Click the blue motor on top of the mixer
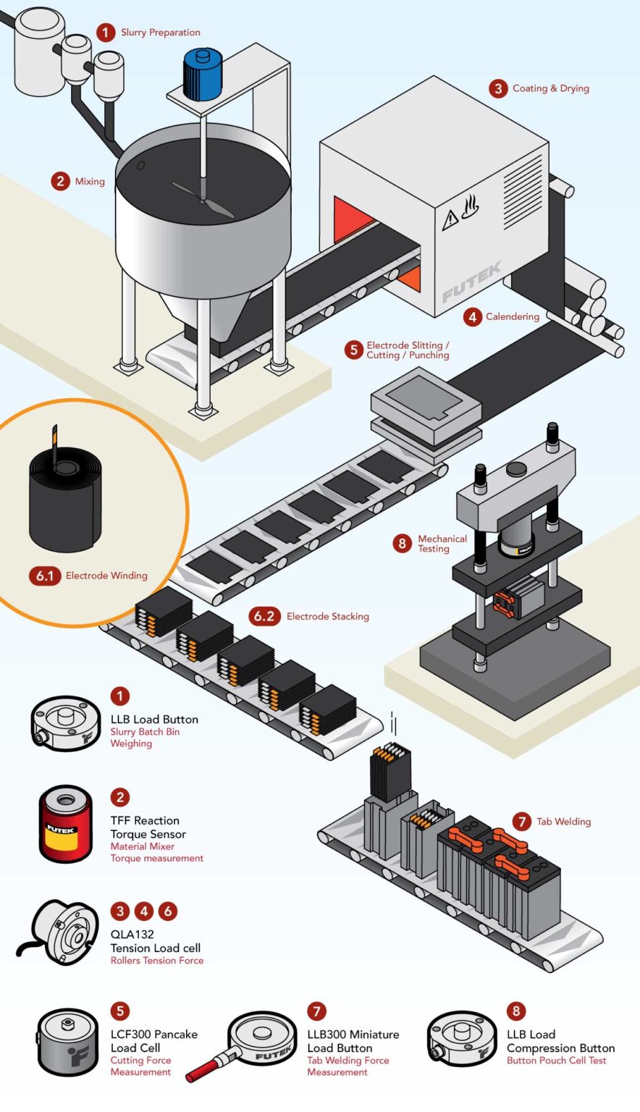pyautogui.click(x=203, y=75)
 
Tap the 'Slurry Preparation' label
pyautogui.click(x=160, y=33)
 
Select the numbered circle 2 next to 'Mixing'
pyautogui.click(x=61, y=181)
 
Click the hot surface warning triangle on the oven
pyautogui.click(x=450, y=219)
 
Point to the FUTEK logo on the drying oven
pyautogui.click(x=471, y=282)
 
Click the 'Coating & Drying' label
pyautogui.click(x=550, y=88)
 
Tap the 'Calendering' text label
pyautogui.click(x=512, y=316)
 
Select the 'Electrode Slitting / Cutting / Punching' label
pyautogui.click(x=408, y=350)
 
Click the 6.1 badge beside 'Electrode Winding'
pyautogui.click(x=45, y=576)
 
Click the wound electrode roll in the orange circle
pyautogui.click(x=65, y=500)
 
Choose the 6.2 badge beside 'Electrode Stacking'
pyautogui.click(x=264, y=616)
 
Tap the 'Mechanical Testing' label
pyautogui.click(x=442, y=544)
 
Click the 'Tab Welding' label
pyautogui.click(x=563, y=822)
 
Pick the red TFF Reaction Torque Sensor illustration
pyautogui.click(x=65, y=824)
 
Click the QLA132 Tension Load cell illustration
pyautogui.click(x=67, y=933)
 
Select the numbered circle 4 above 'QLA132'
pyautogui.click(x=144, y=911)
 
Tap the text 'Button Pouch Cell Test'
pyautogui.click(x=556, y=1061)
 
